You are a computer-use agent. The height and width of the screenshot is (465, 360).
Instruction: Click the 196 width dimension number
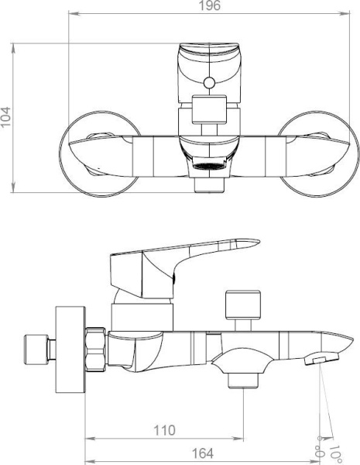click(209, 5)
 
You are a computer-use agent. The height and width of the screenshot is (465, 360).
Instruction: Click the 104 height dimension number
click(5, 117)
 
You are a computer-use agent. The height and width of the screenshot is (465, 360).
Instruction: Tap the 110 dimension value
click(164, 430)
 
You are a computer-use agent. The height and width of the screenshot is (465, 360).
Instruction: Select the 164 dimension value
click(203, 453)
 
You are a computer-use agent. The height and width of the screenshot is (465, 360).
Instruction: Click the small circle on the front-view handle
click(210, 83)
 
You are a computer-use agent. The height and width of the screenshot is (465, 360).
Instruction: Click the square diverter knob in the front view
click(209, 109)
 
